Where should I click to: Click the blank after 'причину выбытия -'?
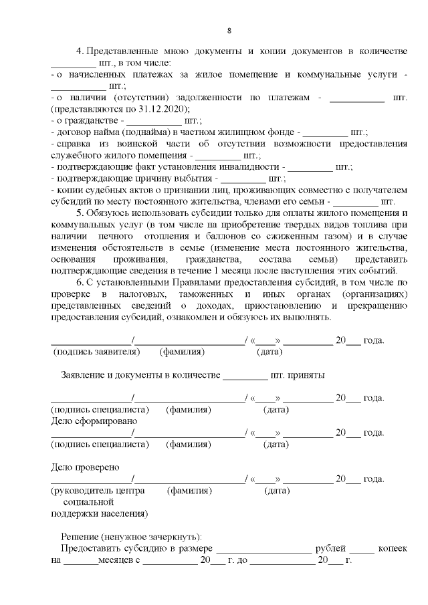(243, 178)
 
